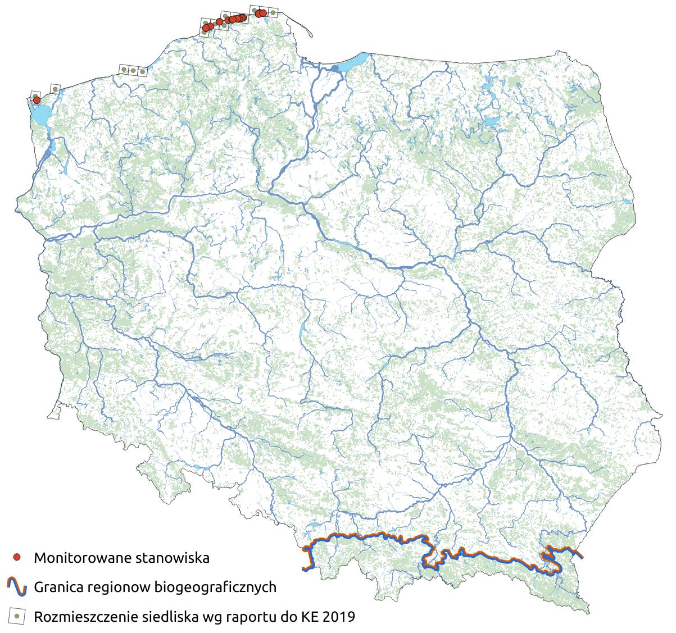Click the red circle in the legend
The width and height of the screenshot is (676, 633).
(17, 557)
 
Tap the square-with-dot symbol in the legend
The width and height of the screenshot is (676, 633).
(17, 616)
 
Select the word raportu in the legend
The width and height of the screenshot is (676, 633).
(259, 617)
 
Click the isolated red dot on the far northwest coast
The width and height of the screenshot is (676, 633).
(37, 100)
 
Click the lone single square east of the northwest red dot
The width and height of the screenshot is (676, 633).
(55, 88)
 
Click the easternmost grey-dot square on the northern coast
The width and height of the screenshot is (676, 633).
(273, 11)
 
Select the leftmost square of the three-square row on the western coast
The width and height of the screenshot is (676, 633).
(123, 70)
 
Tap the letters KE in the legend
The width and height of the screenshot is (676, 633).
(306, 617)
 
